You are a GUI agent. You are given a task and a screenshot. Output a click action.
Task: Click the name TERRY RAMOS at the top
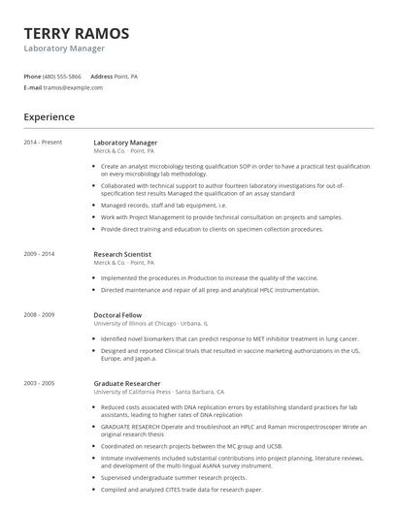tap(77, 33)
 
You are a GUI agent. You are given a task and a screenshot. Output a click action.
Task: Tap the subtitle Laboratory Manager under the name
tap(64, 48)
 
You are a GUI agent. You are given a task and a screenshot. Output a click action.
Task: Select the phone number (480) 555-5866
tap(63, 76)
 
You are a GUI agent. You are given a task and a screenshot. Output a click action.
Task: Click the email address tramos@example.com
tap(73, 87)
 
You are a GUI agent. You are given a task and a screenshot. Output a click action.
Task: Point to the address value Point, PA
tap(126, 76)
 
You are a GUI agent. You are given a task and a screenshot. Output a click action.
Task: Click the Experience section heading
tap(50, 117)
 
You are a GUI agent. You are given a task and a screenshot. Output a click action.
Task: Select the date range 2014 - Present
tap(44, 143)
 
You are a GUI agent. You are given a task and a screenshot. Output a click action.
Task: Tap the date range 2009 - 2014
tap(40, 254)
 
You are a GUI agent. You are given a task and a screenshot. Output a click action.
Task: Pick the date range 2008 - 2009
tap(40, 314)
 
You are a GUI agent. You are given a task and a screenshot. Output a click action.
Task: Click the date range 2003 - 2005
tap(40, 383)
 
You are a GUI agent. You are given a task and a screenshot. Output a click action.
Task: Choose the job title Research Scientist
tap(122, 254)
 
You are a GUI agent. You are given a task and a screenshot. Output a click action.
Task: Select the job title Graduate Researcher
tap(127, 383)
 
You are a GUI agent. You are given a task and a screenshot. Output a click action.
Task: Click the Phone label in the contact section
tap(32, 76)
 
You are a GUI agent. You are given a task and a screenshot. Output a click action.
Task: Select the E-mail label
tap(33, 87)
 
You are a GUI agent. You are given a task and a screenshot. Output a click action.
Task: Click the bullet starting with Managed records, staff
tap(163, 206)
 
